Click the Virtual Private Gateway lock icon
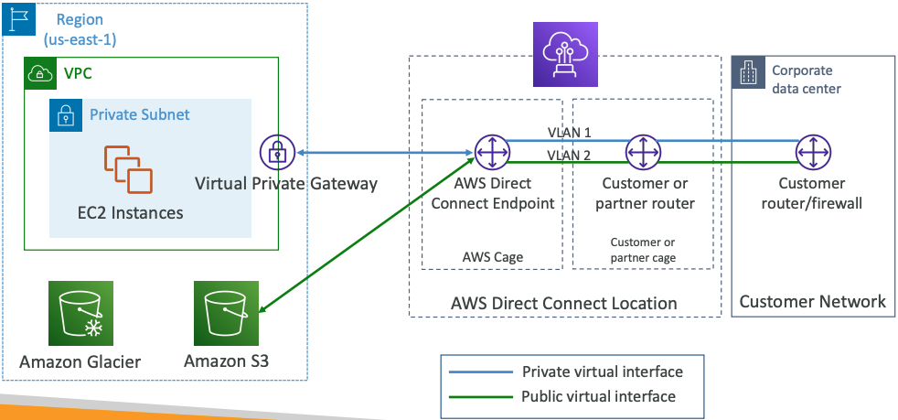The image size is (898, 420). click(276, 152)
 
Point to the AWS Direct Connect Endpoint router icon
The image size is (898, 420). click(492, 152)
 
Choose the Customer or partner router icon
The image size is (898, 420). click(644, 152)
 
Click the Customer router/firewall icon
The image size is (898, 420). click(811, 152)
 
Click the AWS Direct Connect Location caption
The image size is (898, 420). click(564, 303)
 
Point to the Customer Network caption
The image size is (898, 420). click(812, 301)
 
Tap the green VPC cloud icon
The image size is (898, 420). click(39, 73)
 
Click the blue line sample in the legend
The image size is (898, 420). click(478, 372)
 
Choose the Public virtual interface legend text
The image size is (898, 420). click(598, 396)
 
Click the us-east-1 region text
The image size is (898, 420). click(80, 40)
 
